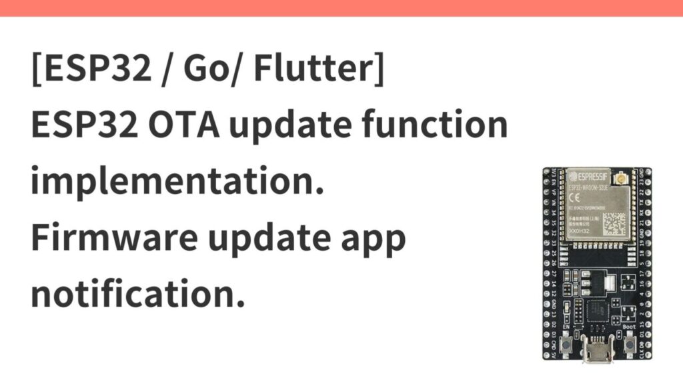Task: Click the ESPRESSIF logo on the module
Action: click(589, 177)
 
